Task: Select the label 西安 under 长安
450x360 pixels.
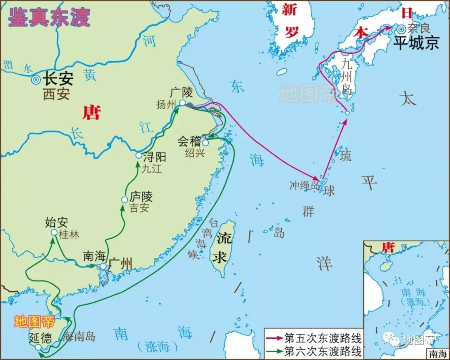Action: tap(56, 94)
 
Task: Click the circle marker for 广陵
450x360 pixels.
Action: tap(182, 102)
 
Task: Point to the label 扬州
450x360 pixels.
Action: tap(167, 104)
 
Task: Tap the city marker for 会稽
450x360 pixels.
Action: tap(205, 142)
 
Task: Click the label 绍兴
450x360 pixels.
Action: tap(195, 153)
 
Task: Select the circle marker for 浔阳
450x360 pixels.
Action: tap(139, 155)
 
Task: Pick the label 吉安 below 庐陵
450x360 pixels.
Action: tap(139, 207)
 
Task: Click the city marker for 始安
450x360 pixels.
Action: tap(54, 232)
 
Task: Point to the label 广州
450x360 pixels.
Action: tap(121, 264)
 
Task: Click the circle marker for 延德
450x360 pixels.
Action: tap(38, 347)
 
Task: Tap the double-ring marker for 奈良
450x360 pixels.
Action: tap(401, 29)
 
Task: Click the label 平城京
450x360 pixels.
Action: tap(416, 43)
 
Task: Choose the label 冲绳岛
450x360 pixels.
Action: tap(305, 185)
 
